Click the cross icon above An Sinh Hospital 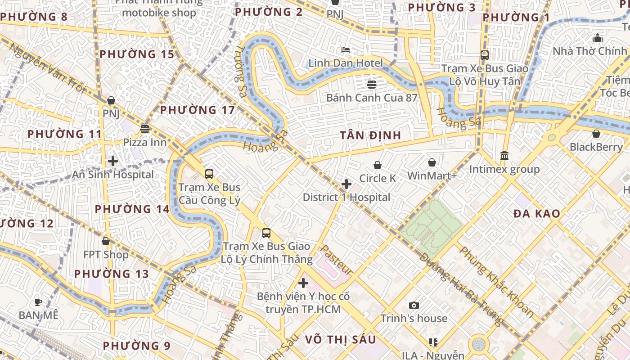coord(113,161)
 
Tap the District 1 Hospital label coord(346,197)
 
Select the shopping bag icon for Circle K coord(378,166)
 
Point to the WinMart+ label coord(432,175)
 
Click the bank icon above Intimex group coord(504,156)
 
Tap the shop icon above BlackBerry coord(596,134)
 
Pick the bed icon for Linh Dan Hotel coord(346,50)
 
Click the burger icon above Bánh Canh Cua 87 coord(372,85)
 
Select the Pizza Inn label coord(144,142)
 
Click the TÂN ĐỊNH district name coord(370,135)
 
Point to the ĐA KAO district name coord(537,214)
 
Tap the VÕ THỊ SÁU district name coord(340,339)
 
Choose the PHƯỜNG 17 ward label coord(198,110)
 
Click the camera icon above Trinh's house coord(414,306)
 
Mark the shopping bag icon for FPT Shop coord(106,242)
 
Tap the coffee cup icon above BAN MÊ coord(38,302)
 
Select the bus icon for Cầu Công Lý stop coord(209,174)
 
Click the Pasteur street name coord(336,260)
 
